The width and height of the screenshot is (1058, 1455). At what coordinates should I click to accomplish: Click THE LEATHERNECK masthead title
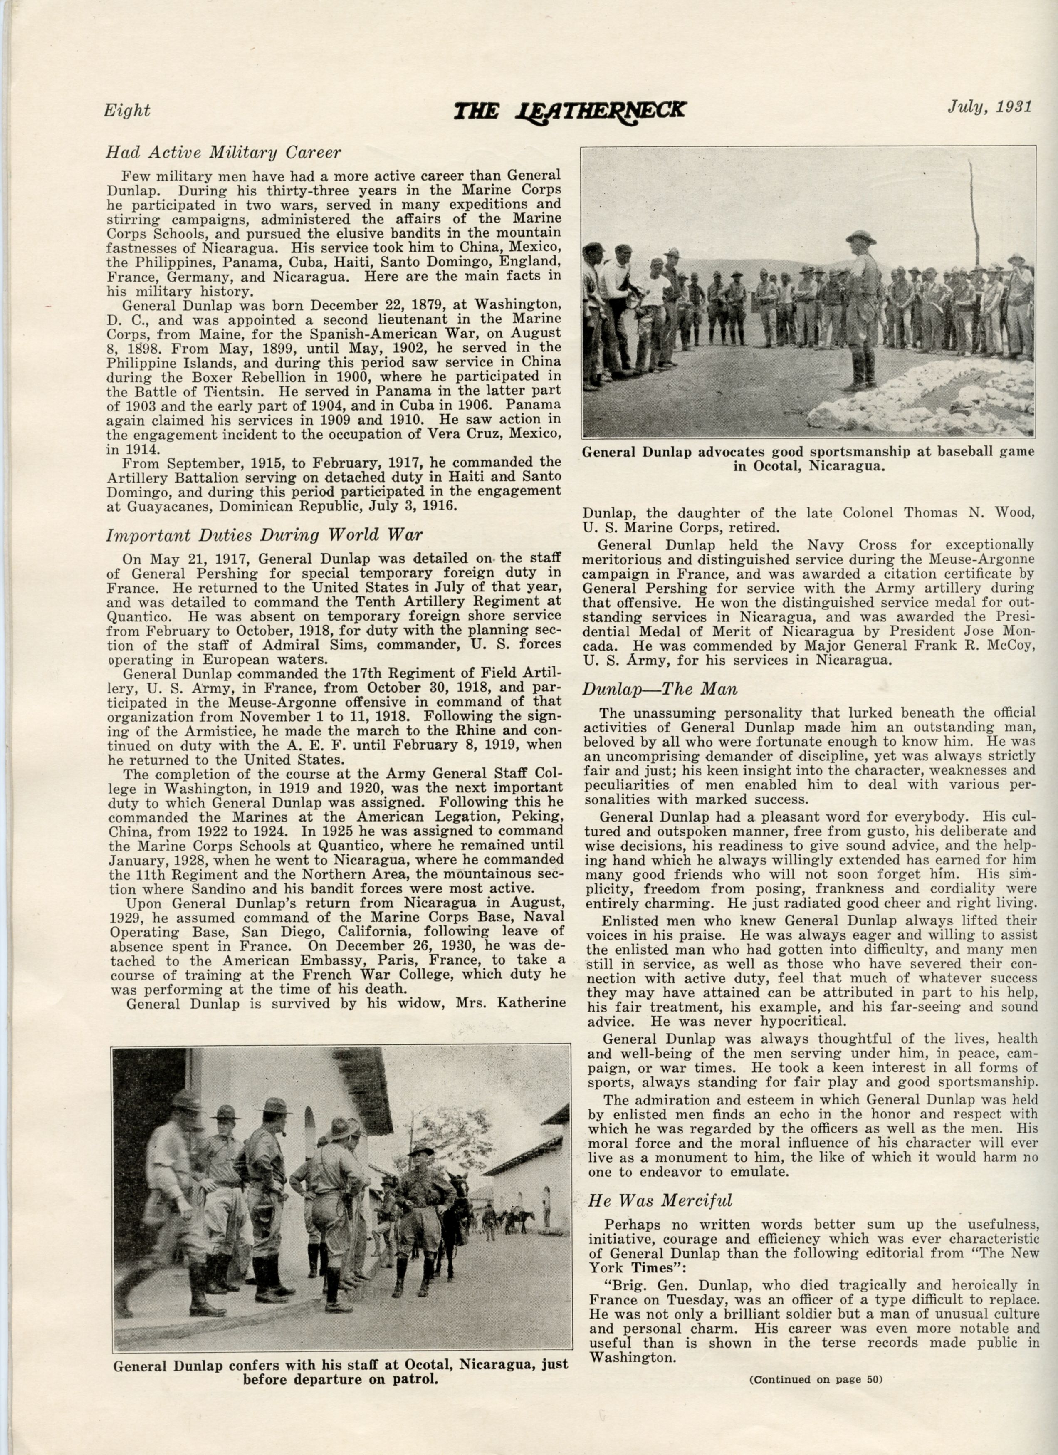tap(569, 110)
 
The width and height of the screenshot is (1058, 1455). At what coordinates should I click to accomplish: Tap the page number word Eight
tap(127, 110)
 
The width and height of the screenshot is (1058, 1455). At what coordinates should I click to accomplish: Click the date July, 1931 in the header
tap(989, 107)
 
